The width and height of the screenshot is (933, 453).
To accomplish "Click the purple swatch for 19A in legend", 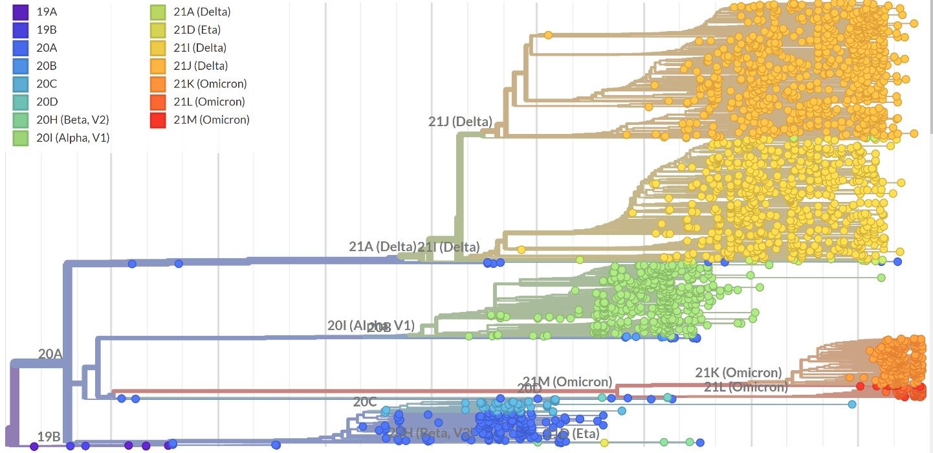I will (x=21, y=12).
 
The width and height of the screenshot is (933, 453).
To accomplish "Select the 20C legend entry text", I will (x=47, y=83).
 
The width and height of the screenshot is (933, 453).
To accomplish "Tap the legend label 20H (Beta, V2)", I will (x=72, y=120).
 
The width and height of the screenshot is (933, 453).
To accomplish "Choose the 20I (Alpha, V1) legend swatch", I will (x=21, y=138).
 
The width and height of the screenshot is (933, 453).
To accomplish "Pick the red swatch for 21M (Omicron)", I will (x=158, y=120).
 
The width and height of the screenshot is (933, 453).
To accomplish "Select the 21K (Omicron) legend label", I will (x=210, y=83).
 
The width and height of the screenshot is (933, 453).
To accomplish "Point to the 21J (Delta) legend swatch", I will (x=158, y=65).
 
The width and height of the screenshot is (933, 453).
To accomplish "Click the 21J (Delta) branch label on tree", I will (x=460, y=122).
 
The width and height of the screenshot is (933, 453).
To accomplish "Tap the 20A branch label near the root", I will (x=50, y=353).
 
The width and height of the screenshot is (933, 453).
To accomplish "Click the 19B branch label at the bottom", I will (x=49, y=436).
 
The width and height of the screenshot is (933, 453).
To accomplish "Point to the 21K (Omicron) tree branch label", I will (x=738, y=373).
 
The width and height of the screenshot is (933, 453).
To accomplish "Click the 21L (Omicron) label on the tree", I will (x=745, y=387).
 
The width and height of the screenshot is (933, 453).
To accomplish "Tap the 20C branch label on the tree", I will (x=364, y=402).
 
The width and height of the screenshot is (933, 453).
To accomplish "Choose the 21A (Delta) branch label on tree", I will (x=382, y=247).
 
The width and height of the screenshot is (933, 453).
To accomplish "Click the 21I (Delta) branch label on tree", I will (x=448, y=247).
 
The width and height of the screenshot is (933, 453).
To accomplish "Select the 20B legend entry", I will (x=47, y=65).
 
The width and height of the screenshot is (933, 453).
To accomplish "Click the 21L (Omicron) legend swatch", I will (x=158, y=102).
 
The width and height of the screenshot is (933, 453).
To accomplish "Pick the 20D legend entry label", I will (x=47, y=102).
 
